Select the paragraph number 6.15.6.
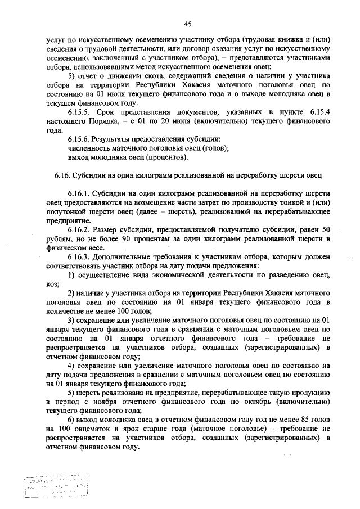(x=79, y=138)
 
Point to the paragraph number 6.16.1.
(x=79, y=192)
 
